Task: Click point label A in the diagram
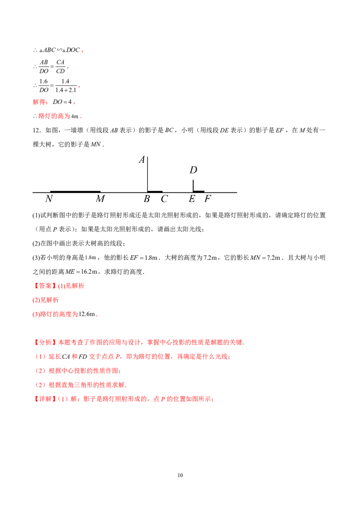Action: point(142,160)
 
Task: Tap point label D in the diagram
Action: point(193,170)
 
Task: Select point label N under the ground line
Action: point(49,199)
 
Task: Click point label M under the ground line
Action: point(100,199)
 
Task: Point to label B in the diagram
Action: point(147,199)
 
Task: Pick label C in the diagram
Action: point(164,199)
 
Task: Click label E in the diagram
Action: point(192,199)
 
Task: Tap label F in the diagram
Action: point(207,199)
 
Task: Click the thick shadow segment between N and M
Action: point(76,192)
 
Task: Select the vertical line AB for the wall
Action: point(148,174)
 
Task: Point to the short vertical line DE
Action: point(193,186)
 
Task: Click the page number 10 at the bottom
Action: point(180,475)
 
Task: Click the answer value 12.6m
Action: point(87,314)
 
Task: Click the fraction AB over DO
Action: point(44,67)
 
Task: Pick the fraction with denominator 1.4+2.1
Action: point(66,86)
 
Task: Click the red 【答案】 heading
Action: point(45,286)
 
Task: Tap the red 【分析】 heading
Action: point(45,342)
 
